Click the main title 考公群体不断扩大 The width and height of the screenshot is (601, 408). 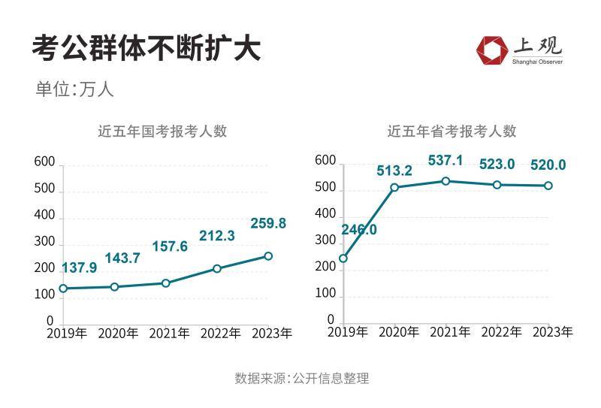point(146,49)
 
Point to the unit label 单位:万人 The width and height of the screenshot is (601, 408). point(74,89)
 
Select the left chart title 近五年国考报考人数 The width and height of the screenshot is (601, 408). point(162,131)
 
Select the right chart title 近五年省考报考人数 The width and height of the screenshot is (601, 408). point(452,131)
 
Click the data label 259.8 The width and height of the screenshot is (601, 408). point(267,223)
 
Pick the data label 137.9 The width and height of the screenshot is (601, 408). point(77,267)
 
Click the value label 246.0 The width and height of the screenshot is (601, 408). point(359,230)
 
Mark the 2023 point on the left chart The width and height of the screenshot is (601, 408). point(268,256)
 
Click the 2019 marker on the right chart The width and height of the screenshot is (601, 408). point(343,258)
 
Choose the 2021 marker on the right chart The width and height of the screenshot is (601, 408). point(445,181)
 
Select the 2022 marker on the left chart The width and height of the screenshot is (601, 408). point(216,268)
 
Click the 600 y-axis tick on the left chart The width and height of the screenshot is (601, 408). point(44,163)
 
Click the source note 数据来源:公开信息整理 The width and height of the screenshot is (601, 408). point(301,378)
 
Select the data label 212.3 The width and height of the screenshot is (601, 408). point(216,236)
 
